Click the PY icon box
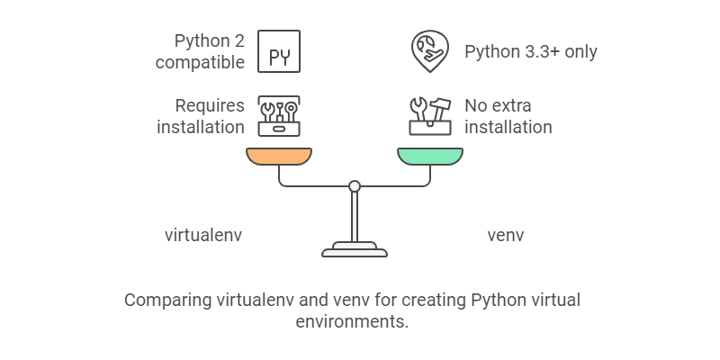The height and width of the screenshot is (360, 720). click(279, 50)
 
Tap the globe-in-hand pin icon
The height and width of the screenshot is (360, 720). click(428, 50)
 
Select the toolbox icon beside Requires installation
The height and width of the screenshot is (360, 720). click(279, 116)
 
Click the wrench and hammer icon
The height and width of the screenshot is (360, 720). click(429, 116)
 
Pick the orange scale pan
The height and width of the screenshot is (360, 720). click(279, 157)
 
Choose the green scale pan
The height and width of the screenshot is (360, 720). click(430, 157)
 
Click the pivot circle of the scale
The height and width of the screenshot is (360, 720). click(355, 186)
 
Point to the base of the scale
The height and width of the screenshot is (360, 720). click(355, 249)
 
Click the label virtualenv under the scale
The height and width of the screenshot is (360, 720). click(203, 236)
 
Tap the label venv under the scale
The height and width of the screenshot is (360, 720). click(505, 236)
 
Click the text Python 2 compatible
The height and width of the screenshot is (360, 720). click(199, 51)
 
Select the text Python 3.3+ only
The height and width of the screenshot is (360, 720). click(530, 51)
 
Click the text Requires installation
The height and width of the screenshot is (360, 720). click(200, 116)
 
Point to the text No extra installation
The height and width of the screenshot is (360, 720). click(508, 116)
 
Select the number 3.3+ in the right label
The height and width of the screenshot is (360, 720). click(540, 51)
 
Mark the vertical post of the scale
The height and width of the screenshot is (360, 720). click(355, 216)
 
